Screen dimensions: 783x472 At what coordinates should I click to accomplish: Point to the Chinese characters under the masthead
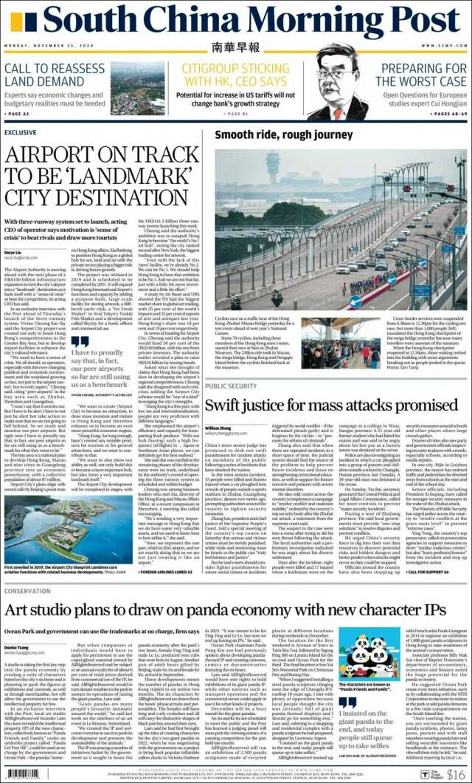tap(235, 48)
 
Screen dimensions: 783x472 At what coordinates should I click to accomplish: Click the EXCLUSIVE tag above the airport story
tap(20, 133)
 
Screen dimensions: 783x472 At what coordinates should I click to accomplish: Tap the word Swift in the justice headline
tap(229, 406)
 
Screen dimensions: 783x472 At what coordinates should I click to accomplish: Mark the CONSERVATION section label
tap(27, 591)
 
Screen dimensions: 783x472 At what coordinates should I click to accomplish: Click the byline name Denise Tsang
tap(16, 646)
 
